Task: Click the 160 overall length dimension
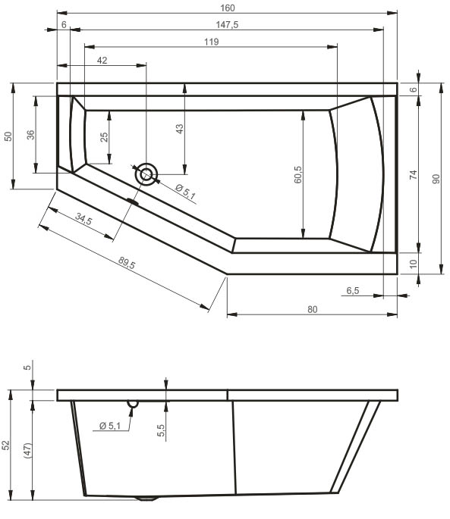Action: pos(228,8)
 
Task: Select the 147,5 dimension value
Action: pos(227,25)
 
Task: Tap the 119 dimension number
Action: pos(211,42)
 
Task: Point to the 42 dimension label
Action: pos(102,61)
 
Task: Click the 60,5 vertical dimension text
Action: pos(297,175)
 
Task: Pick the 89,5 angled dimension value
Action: pos(127,263)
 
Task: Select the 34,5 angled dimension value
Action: pos(83,219)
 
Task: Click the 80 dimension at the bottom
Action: pos(313,309)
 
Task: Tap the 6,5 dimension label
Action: pos(353,291)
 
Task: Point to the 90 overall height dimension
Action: pos(436,179)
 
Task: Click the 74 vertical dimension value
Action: pos(413,175)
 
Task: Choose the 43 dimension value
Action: pos(179,129)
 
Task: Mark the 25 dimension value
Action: pos(104,137)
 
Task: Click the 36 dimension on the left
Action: pos(30,135)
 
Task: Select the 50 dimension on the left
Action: pos(8,136)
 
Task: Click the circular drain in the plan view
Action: pos(146,174)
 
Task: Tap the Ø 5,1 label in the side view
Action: pos(110,425)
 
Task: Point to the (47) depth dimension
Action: pos(28,451)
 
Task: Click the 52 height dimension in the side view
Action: pos(6,446)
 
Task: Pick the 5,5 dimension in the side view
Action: pos(161,430)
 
